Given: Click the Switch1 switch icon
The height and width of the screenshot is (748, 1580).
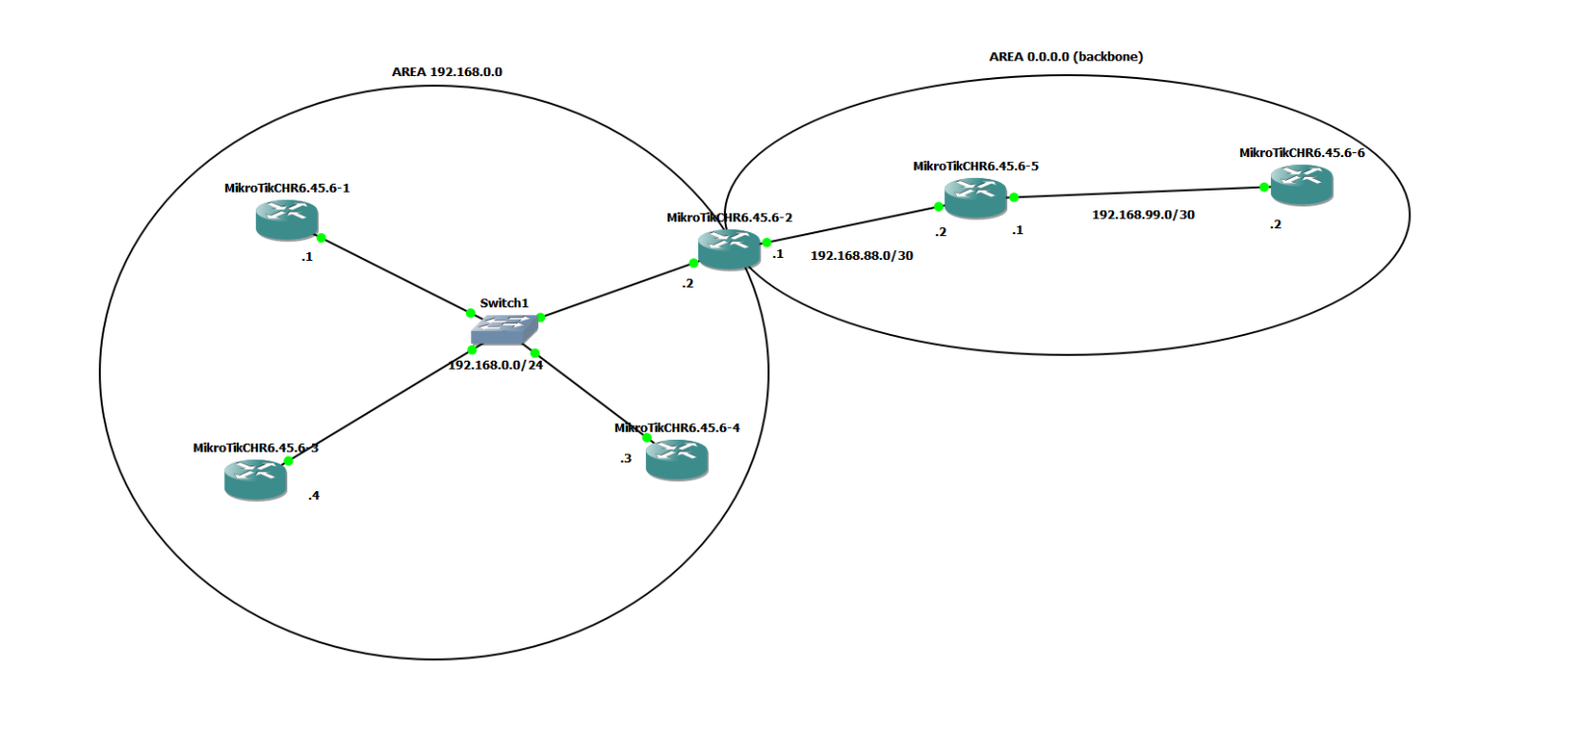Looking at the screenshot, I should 504,329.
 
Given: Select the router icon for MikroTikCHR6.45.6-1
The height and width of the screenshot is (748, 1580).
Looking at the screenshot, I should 286,219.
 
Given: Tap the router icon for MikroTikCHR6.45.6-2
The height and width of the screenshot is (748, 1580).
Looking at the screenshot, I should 729,248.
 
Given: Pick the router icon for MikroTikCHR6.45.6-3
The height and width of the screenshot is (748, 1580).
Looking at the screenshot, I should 255,479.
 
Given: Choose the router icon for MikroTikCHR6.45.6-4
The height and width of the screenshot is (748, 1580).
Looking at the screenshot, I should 676,459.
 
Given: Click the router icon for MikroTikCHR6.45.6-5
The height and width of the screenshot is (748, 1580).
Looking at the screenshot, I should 975,198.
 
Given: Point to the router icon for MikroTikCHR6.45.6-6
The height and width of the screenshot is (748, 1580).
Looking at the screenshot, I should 1302,185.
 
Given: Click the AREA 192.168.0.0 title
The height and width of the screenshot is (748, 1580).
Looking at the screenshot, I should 446,72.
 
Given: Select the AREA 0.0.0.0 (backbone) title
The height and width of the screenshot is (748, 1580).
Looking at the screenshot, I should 1066,56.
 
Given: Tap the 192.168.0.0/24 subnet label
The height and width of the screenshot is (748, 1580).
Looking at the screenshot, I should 496,365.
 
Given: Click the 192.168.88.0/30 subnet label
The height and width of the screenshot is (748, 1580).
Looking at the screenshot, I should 861,255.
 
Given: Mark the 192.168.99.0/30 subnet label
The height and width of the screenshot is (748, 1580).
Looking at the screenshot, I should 1143,214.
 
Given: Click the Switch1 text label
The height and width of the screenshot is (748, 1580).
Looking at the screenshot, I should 504,303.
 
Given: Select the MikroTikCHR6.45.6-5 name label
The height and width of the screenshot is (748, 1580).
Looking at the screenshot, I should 975,166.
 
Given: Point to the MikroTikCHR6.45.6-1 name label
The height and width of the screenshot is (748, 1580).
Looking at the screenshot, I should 286,188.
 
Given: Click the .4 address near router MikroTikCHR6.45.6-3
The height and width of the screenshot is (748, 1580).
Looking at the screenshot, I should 313,496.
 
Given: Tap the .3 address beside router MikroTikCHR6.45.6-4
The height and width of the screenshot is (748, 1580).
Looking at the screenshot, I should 625,458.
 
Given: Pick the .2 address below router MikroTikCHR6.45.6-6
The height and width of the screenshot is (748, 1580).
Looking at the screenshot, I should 1275,224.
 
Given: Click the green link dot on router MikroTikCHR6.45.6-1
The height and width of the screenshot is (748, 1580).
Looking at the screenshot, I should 321,237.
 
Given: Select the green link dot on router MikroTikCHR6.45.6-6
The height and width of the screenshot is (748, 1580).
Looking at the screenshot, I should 1264,187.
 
